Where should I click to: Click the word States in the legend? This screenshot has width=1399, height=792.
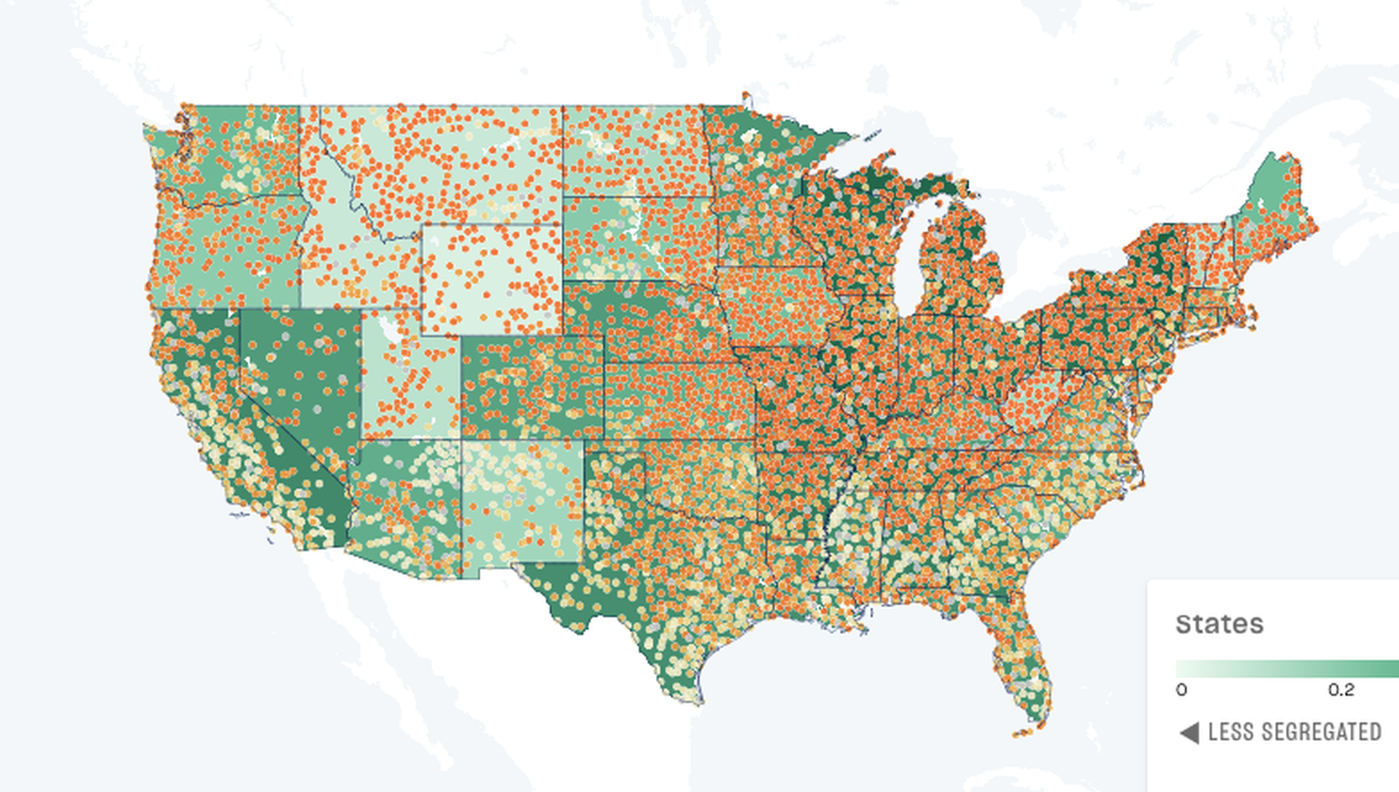coord(1219,623)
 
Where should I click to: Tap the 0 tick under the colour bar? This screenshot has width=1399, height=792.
coord(1181,689)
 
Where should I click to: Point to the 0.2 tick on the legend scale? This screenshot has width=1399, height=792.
coord(1340,689)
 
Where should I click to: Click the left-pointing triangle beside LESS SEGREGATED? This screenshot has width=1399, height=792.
coord(1188,733)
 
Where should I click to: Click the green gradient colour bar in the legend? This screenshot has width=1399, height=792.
coord(1285,669)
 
